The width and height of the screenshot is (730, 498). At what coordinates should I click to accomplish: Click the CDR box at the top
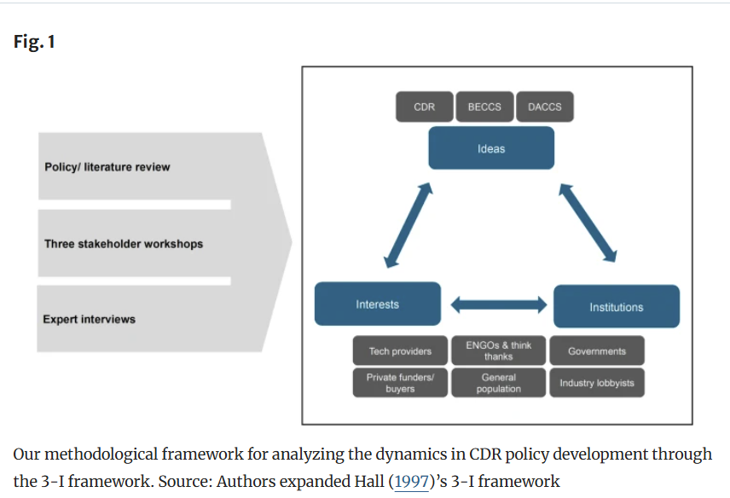[424, 107]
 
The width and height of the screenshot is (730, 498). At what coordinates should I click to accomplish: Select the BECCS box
[484, 107]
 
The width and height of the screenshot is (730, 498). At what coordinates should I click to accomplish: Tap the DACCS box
[545, 107]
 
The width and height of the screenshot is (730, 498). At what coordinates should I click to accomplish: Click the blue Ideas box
[491, 148]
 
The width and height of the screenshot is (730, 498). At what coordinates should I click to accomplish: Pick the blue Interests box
[378, 304]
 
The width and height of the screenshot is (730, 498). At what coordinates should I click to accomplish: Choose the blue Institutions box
[617, 306]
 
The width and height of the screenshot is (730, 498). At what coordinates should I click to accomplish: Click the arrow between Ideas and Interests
[408, 225]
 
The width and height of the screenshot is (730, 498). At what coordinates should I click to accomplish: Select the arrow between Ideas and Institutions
[588, 223]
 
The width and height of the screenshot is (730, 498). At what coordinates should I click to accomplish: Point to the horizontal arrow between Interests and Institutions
[499, 304]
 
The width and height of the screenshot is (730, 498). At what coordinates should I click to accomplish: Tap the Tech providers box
[400, 350]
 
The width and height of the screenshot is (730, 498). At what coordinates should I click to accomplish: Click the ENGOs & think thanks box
[499, 350]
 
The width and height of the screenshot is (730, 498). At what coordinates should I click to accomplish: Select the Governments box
[597, 350]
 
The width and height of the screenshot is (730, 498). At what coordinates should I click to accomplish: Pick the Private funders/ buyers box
[400, 383]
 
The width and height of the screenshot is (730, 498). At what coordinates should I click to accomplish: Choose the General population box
[499, 383]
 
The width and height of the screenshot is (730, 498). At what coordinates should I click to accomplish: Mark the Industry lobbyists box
[597, 383]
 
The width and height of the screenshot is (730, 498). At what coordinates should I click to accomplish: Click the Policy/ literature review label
[107, 167]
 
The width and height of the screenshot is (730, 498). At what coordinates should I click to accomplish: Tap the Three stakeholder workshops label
[124, 244]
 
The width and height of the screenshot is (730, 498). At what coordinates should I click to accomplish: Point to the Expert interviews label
[89, 319]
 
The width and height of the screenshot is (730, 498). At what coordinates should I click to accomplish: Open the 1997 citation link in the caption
[411, 481]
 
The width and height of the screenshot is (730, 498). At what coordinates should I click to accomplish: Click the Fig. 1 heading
[34, 42]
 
